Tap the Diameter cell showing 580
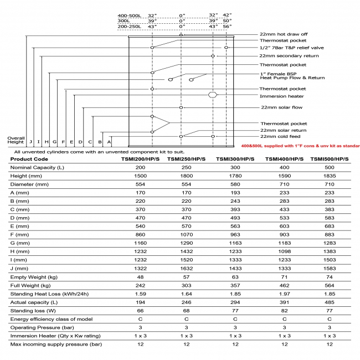click(235, 183)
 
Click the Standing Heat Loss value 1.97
click(285, 304)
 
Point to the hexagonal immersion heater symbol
click(212, 95)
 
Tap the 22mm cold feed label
click(280, 136)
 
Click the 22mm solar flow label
click(280, 107)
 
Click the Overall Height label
click(16, 140)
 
